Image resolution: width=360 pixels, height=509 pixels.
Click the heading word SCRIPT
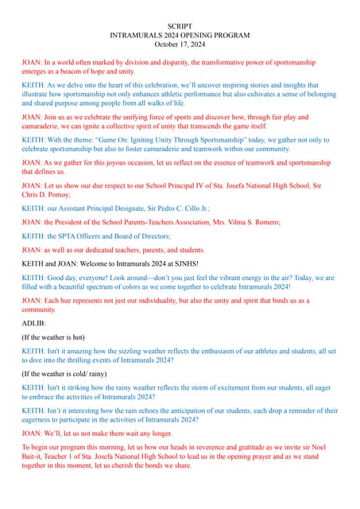[x=180, y=27]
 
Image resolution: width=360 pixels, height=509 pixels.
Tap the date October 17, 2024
[x=180, y=45]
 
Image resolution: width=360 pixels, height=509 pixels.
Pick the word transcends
[x=230, y=126]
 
